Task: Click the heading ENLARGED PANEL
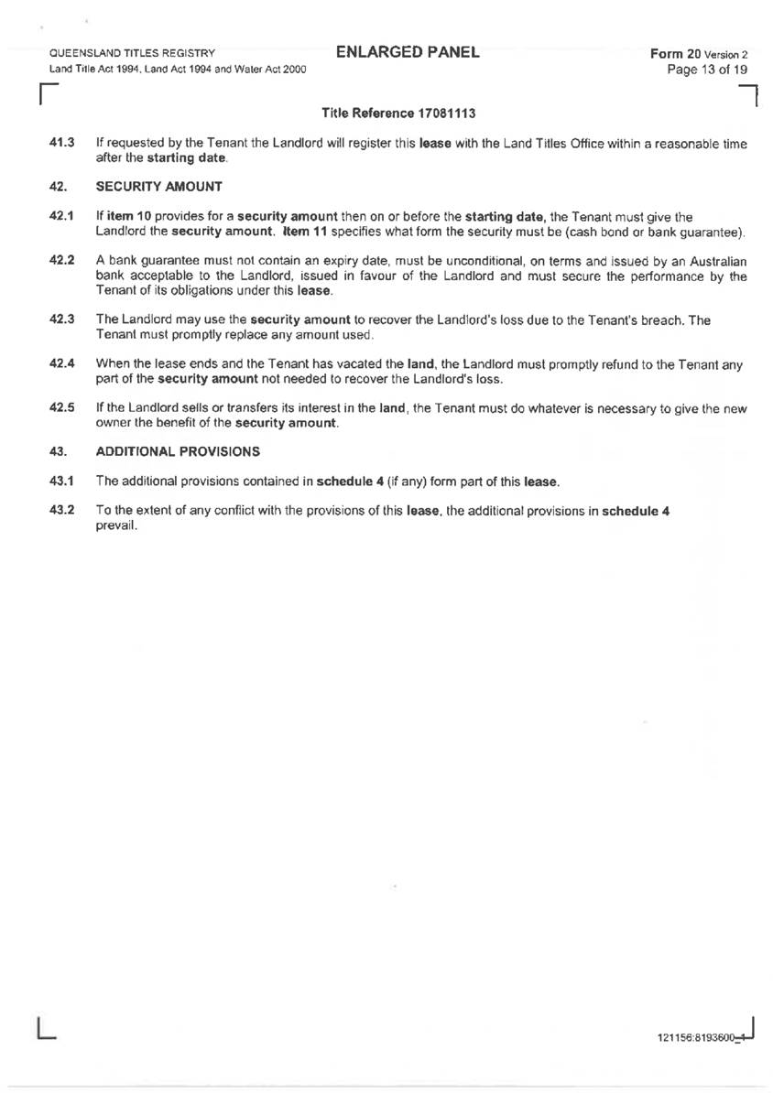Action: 408,52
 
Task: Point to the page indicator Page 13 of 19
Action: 709,70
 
